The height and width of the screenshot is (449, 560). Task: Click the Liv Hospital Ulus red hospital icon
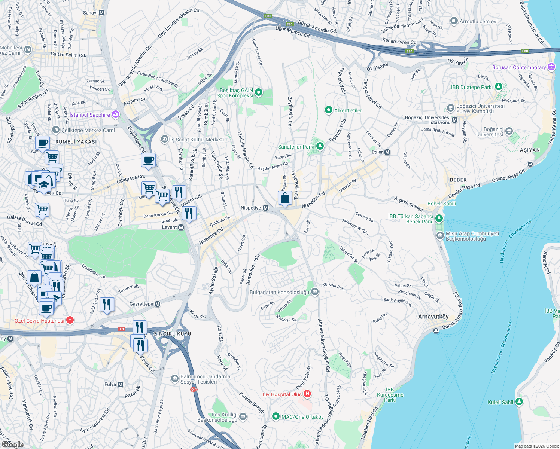coord(307,394)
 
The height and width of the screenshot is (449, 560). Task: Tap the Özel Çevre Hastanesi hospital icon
coord(70,320)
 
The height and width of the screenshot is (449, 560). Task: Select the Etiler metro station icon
coord(387,152)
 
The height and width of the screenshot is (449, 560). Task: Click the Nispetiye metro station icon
coord(265,208)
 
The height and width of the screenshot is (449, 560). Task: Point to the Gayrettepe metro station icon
coord(158,304)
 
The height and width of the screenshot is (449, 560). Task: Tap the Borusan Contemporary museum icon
coord(551,67)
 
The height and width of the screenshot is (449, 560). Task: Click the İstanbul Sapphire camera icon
coord(116,114)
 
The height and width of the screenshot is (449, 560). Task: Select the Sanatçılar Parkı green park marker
coord(320,146)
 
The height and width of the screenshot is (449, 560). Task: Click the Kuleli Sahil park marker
coord(519,402)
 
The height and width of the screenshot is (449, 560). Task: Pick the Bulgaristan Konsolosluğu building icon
coord(315,292)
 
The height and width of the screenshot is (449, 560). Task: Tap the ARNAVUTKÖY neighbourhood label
coord(433,317)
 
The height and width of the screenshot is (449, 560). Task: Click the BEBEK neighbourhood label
coord(458,180)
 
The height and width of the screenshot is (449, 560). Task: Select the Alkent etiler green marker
coord(328,110)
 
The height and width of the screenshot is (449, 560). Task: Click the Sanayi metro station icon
coord(102,13)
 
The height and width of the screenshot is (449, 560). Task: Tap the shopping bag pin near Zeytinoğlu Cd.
coord(285,198)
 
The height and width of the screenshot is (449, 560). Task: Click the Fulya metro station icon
coord(120,384)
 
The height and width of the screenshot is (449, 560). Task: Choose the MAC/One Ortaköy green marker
coord(276,416)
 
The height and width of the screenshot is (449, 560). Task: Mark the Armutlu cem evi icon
coord(454,21)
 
